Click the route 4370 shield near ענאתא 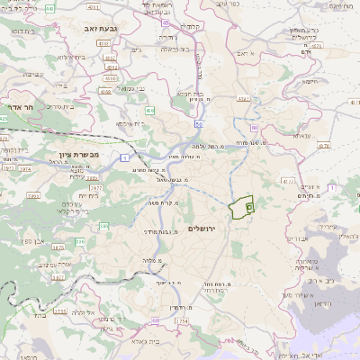(323, 144)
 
